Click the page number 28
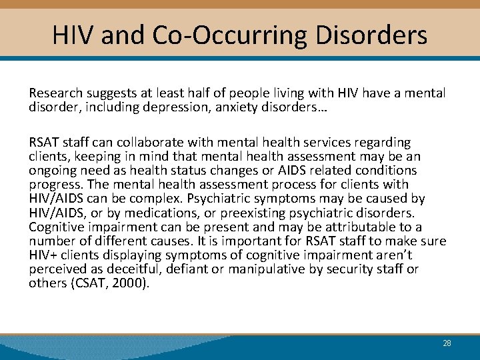coord(447,343)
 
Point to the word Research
coord(55,93)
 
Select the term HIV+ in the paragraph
coord(43,255)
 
